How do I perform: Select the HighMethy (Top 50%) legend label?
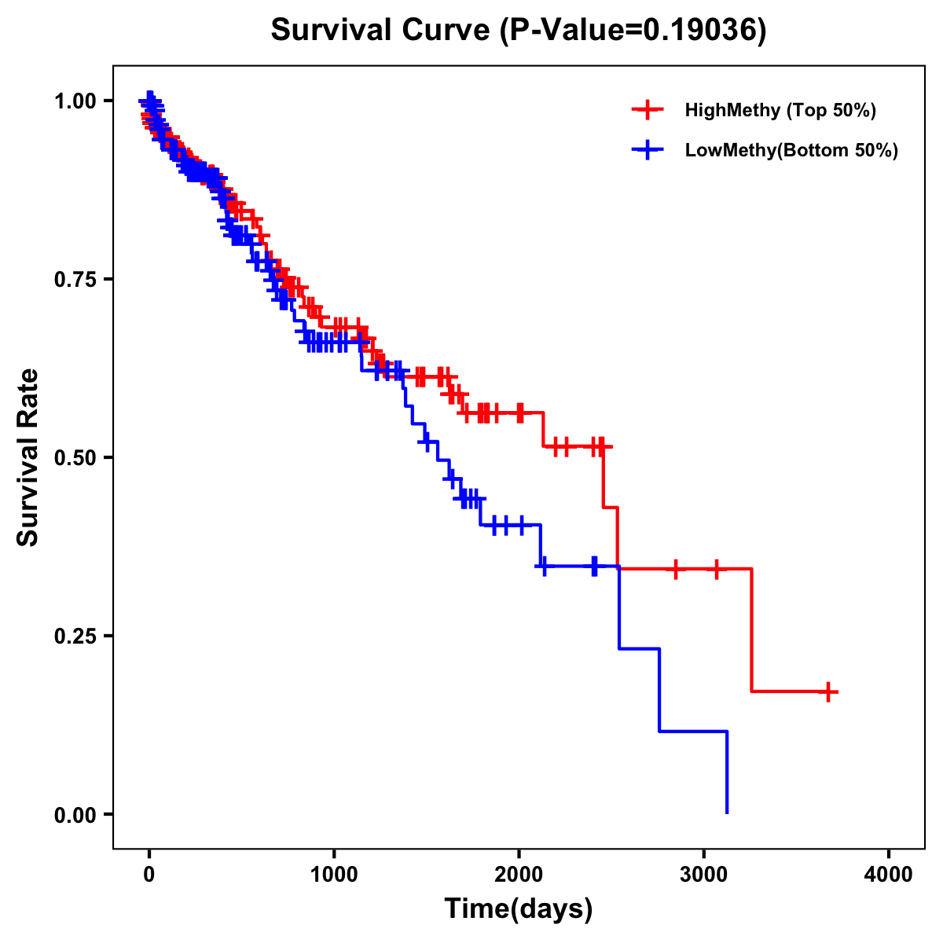click(x=780, y=110)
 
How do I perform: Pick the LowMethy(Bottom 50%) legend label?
click(x=791, y=150)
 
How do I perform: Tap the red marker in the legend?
click(x=648, y=110)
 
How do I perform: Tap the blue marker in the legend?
click(x=648, y=150)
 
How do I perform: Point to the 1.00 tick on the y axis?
click(x=75, y=101)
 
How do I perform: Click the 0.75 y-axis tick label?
click(x=75, y=280)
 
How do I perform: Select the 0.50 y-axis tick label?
click(x=75, y=458)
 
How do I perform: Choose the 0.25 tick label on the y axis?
click(x=75, y=637)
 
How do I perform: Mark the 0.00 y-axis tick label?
click(x=75, y=815)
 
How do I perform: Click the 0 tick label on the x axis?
click(x=149, y=875)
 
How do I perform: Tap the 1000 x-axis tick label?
click(x=334, y=875)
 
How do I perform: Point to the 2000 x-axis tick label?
click(x=519, y=875)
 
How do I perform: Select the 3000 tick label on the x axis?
click(x=703, y=875)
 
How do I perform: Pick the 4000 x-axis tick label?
click(x=889, y=875)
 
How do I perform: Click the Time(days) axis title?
click(x=519, y=908)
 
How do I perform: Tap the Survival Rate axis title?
click(x=28, y=457)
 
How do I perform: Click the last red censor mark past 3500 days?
click(x=828, y=692)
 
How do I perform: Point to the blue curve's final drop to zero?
click(x=727, y=774)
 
